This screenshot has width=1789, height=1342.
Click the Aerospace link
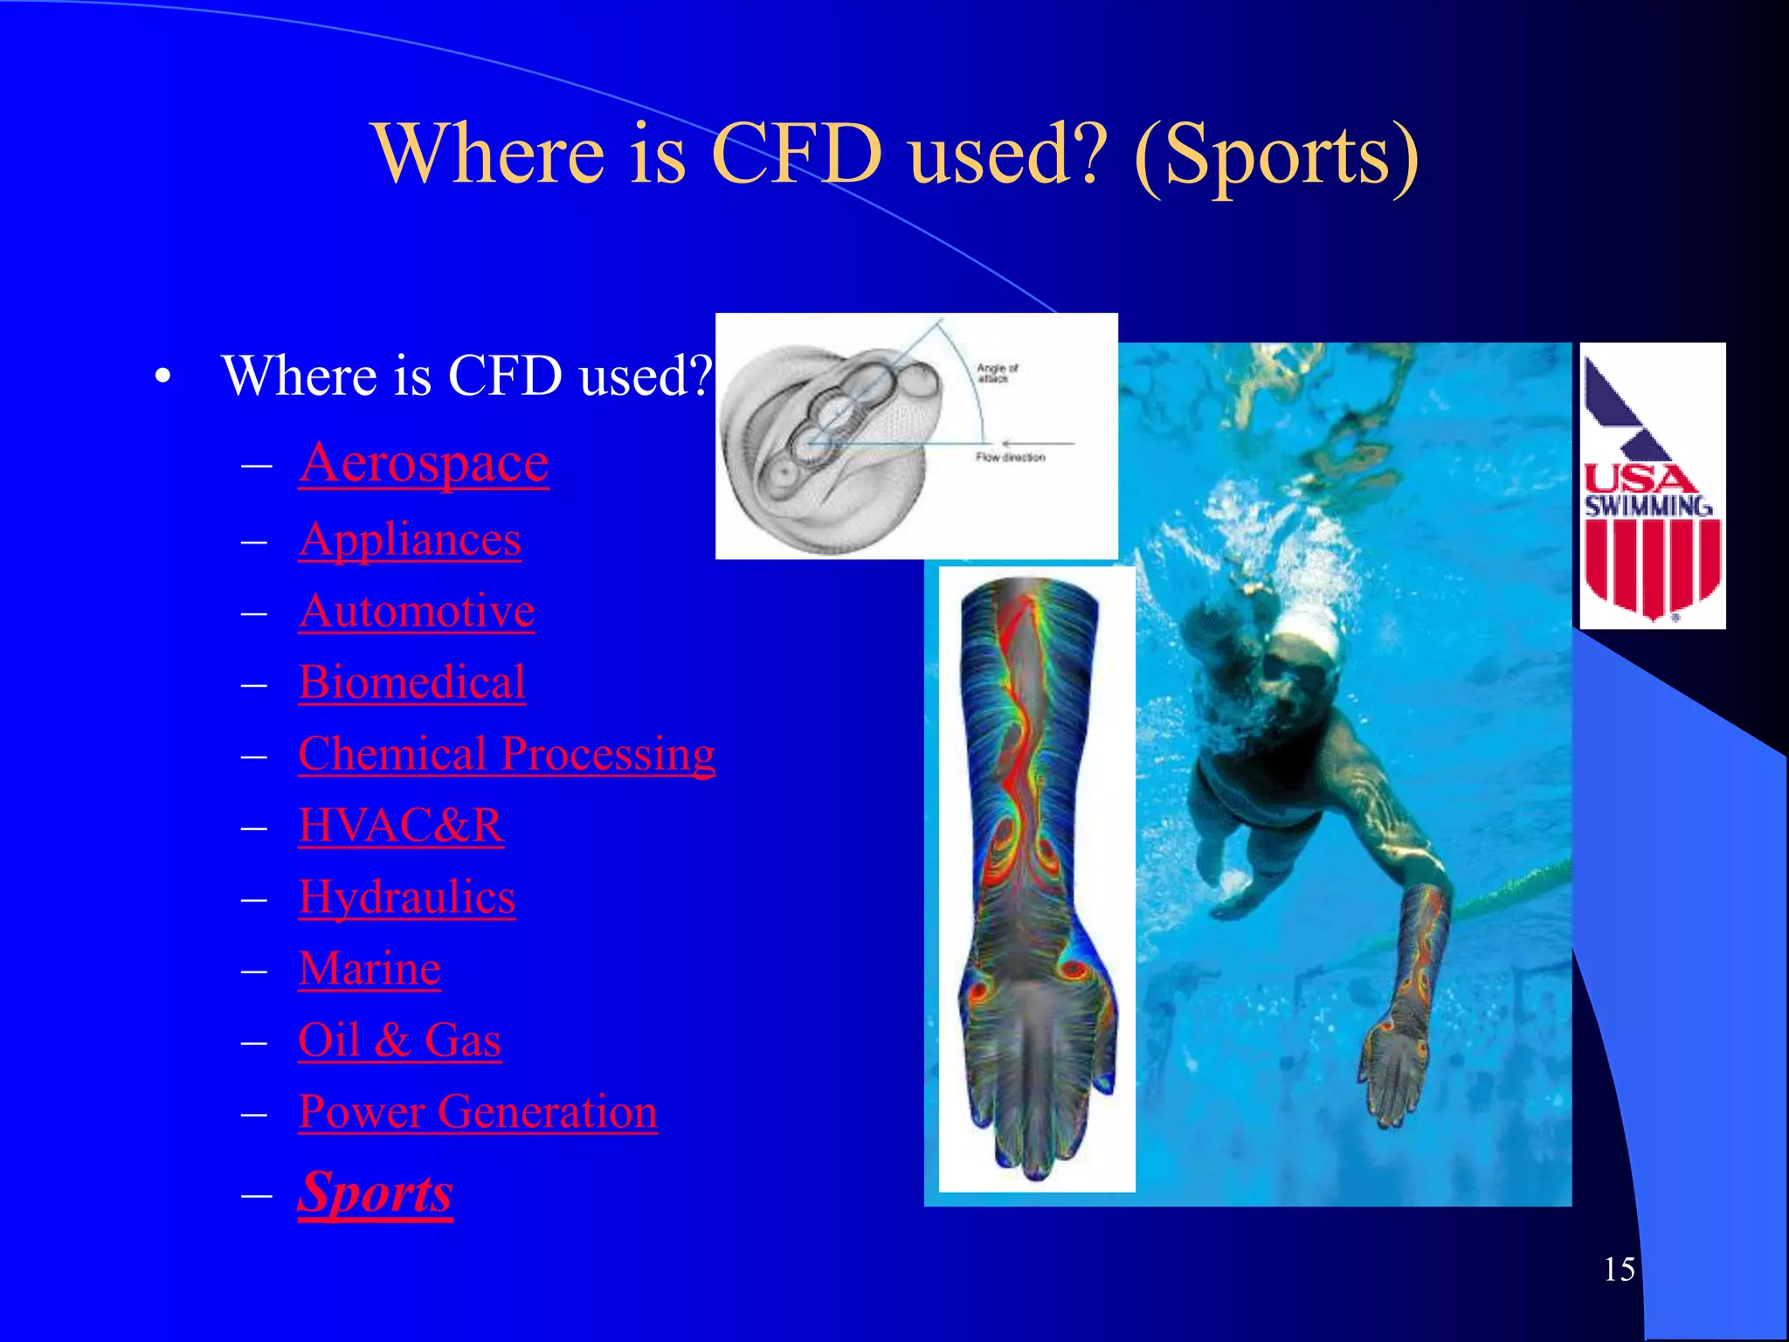coord(423,463)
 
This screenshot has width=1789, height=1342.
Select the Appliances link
coord(409,540)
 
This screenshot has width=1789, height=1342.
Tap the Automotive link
coord(416,612)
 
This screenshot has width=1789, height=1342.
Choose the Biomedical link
coord(411,683)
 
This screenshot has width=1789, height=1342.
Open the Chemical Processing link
coord(506,755)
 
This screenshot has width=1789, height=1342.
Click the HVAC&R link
coord(400,827)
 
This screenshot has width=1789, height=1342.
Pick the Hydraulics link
coord(406,898)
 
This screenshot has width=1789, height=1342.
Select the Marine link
coord(369,970)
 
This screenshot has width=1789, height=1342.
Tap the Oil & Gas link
coord(399,1041)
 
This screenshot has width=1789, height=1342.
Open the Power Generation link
coord(477,1113)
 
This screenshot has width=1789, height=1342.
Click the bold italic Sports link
coord(375,1193)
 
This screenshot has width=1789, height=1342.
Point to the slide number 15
coord(1619,1269)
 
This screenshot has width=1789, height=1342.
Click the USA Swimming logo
coord(1652,486)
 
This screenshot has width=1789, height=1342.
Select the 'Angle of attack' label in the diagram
coord(997,373)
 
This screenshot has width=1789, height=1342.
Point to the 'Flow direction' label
coord(1010,458)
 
